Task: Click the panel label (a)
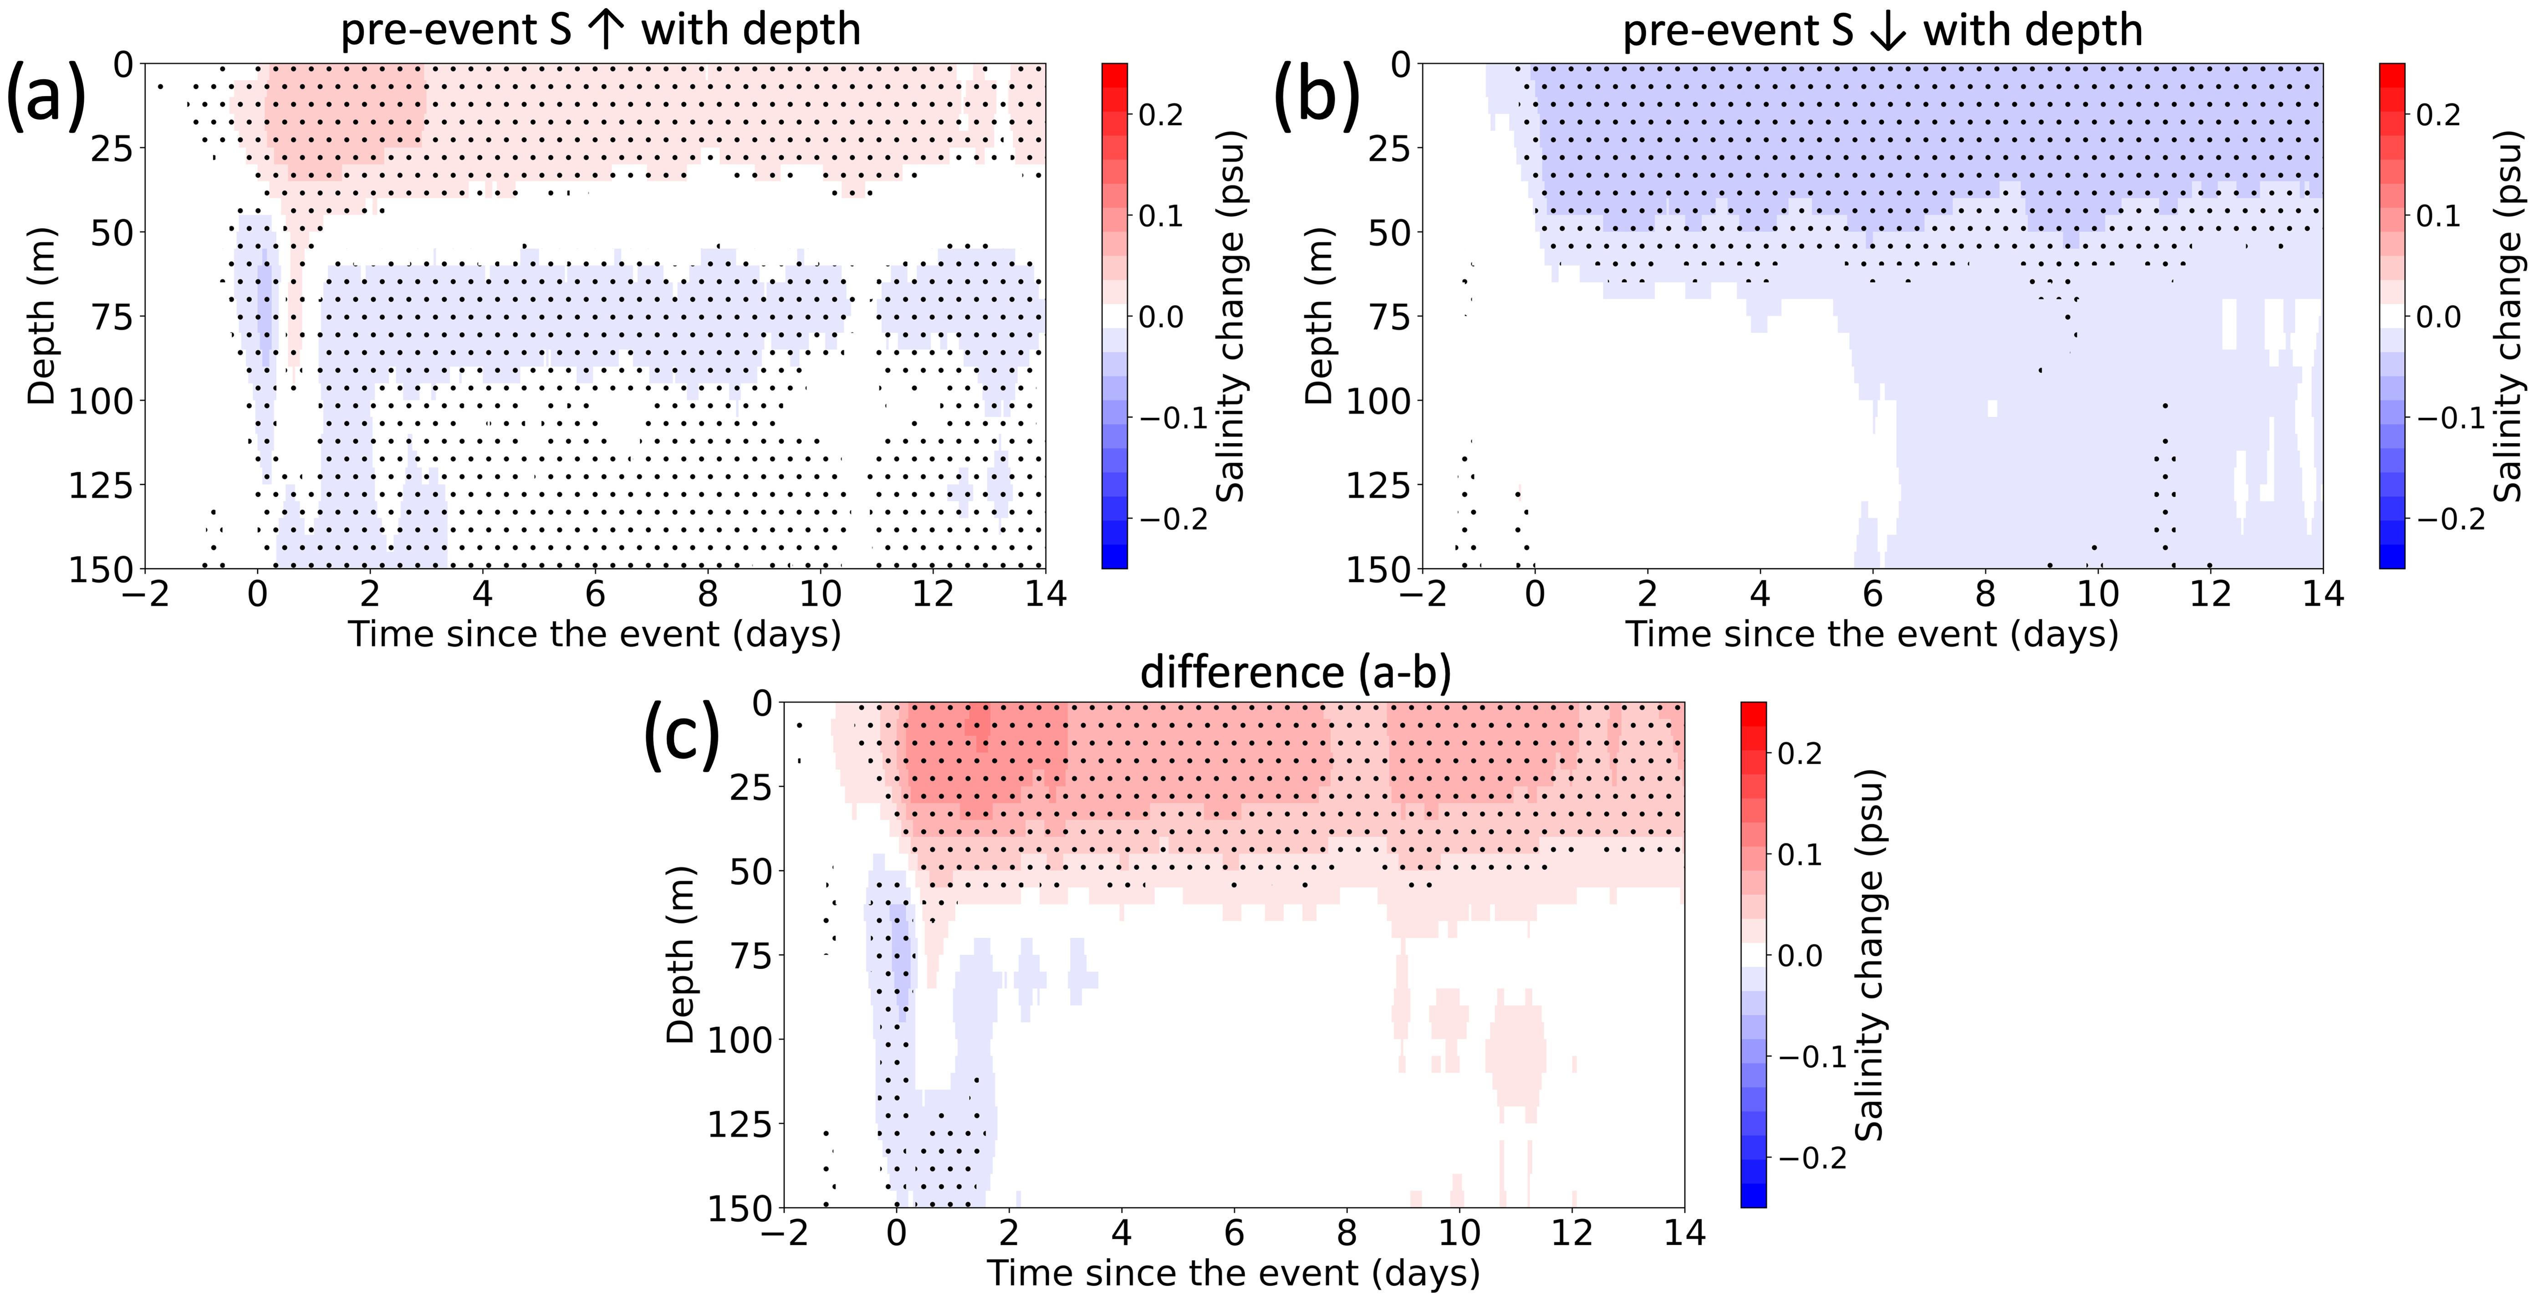click(46, 96)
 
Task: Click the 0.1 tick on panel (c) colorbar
click(1800, 854)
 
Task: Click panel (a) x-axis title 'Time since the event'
click(595, 634)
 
